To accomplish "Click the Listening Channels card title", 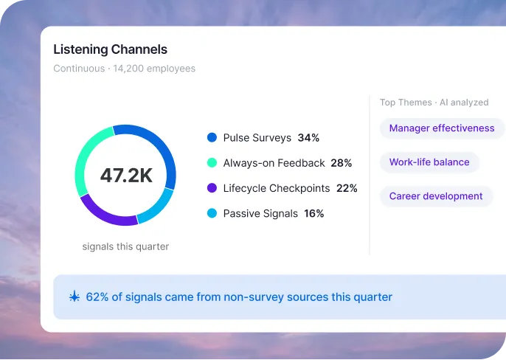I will [110, 50].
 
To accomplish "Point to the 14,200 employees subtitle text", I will [154, 69].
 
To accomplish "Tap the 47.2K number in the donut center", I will [126, 176].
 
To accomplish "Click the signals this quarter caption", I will [125, 246].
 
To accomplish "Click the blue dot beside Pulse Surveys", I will [212, 138].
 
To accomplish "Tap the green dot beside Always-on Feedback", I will [212, 163].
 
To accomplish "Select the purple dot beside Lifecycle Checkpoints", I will [212, 188].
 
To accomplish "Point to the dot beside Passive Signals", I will [212, 214].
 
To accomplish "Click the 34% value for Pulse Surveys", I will [308, 138].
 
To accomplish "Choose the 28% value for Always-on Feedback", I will [342, 163].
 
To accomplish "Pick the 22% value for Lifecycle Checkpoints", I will [347, 188].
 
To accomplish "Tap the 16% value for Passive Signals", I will [314, 214].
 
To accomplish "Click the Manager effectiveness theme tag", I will [442, 128].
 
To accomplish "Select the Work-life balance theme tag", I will [429, 162].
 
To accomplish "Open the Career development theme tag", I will [436, 196].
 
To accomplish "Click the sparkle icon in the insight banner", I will [74, 297].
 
